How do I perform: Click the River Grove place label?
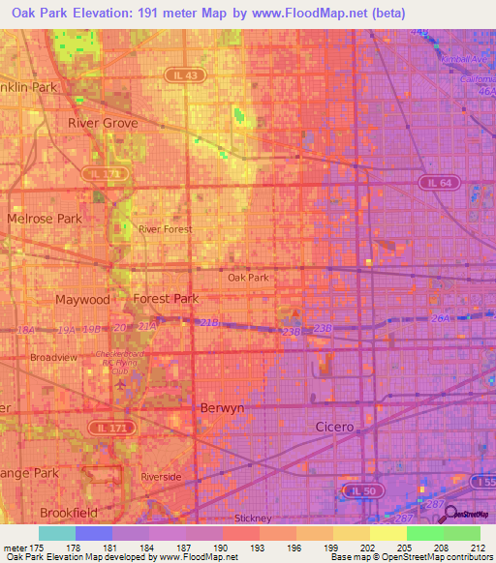(x=103, y=124)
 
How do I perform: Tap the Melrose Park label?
(x=45, y=219)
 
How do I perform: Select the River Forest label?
(x=165, y=229)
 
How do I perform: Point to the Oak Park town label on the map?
(x=248, y=278)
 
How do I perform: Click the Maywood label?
(x=82, y=300)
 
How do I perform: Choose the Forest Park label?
(x=166, y=299)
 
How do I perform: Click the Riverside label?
(x=161, y=478)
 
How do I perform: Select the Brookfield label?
(x=70, y=513)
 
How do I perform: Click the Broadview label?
(x=53, y=357)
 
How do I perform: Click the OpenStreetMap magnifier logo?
(x=451, y=512)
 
